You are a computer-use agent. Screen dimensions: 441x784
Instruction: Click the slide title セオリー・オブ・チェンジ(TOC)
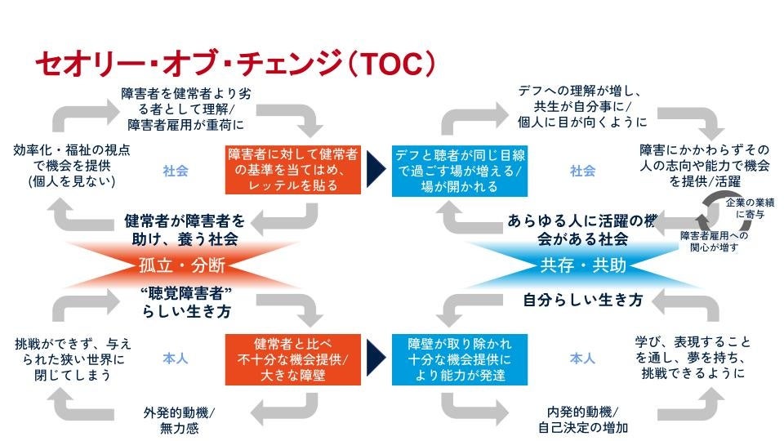[232, 64]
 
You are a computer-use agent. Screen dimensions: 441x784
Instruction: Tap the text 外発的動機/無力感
[173, 418]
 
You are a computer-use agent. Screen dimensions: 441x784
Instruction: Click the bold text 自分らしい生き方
[582, 301]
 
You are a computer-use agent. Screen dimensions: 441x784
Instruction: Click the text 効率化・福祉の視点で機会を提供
[71, 166]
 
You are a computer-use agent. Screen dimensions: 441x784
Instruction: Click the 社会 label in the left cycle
[176, 171]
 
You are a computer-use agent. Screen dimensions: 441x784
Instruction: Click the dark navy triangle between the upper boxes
[376, 170]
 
